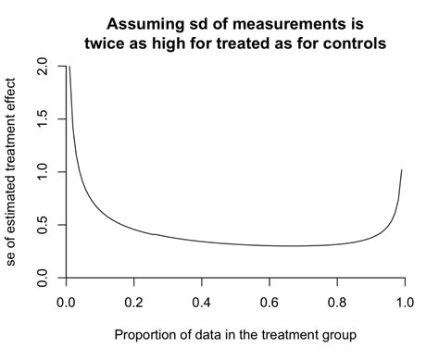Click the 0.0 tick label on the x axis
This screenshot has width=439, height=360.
pyautogui.click(x=65, y=301)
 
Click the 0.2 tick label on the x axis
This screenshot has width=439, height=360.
pyautogui.click(x=133, y=301)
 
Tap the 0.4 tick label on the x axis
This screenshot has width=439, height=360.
pyautogui.click(x=201, y=301)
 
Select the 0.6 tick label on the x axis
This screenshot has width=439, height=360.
pyautogui.click(x=270, y=301)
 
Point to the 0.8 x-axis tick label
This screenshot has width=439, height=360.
pyautogui.click(x=337, y=301)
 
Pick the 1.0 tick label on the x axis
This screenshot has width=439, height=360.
pyautogui.click(x=405, y=301)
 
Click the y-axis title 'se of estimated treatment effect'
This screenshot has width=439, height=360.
pyautogui.click(x=12, y=172)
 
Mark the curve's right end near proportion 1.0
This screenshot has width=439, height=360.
pyautogui.click(x=401, y=171)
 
